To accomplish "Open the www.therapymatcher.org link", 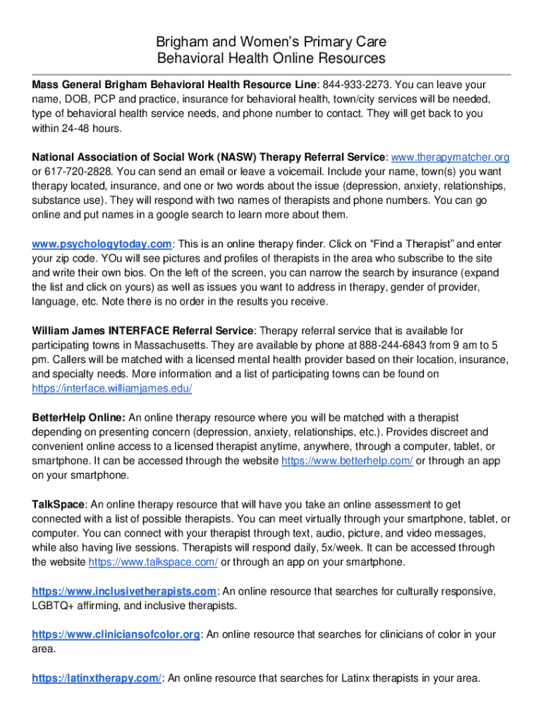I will pyautogui.click(x=450, y=157).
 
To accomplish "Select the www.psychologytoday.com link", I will pyautogui.click(x=102, y=244).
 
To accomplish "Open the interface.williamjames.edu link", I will pyautogui.click(x=112, y=388).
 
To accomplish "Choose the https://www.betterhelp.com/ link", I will pyautogui.click(x=347, y=460).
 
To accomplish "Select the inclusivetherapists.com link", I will pyautogui.click(x=124, y=591).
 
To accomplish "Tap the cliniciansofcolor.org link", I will pyautogui.click(x=116, y=635).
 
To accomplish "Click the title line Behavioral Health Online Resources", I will pyautogui.click(x=271, y=58).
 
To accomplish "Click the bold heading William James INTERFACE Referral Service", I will pyautogui.click(x=142, y=331).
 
